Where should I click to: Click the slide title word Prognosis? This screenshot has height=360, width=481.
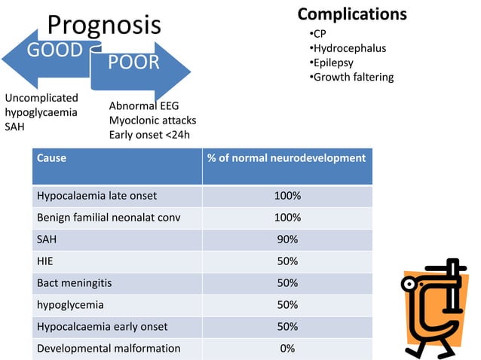tap(104, 24)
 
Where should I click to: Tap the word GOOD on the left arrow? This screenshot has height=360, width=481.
tap(55, 50)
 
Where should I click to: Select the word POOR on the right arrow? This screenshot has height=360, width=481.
tap(133, 62)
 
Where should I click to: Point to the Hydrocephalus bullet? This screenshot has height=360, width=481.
tap(349, 48)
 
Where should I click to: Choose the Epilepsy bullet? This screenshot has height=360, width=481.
tap(333, 63)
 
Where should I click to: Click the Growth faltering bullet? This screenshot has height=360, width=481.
tap(353, 77)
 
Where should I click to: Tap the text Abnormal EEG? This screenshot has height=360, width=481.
tap(144, 106)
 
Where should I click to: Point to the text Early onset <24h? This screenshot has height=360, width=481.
tap(149, 135)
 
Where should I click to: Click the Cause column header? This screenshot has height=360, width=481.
tap(51, 158)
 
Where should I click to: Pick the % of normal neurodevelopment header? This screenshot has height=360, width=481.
tap(286, 158)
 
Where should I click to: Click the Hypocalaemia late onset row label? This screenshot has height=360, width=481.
tap(97, 196)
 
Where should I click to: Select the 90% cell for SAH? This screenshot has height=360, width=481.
tap(286, 239)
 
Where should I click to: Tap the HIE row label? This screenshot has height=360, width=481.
tap(46, 261)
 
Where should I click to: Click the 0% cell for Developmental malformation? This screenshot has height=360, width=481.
tap(286, 349)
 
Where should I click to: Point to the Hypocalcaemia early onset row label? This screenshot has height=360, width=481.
tap(102, 327)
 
